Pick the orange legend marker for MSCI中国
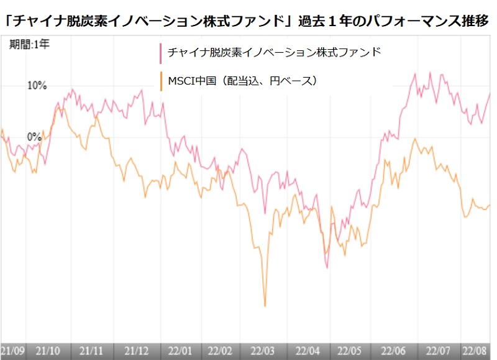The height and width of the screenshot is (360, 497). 161,81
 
